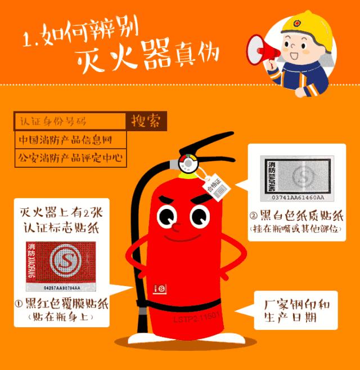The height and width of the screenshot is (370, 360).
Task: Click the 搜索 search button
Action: (x=145, y=121)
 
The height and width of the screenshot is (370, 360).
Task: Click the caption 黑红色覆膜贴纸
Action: (x=62, y=305)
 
